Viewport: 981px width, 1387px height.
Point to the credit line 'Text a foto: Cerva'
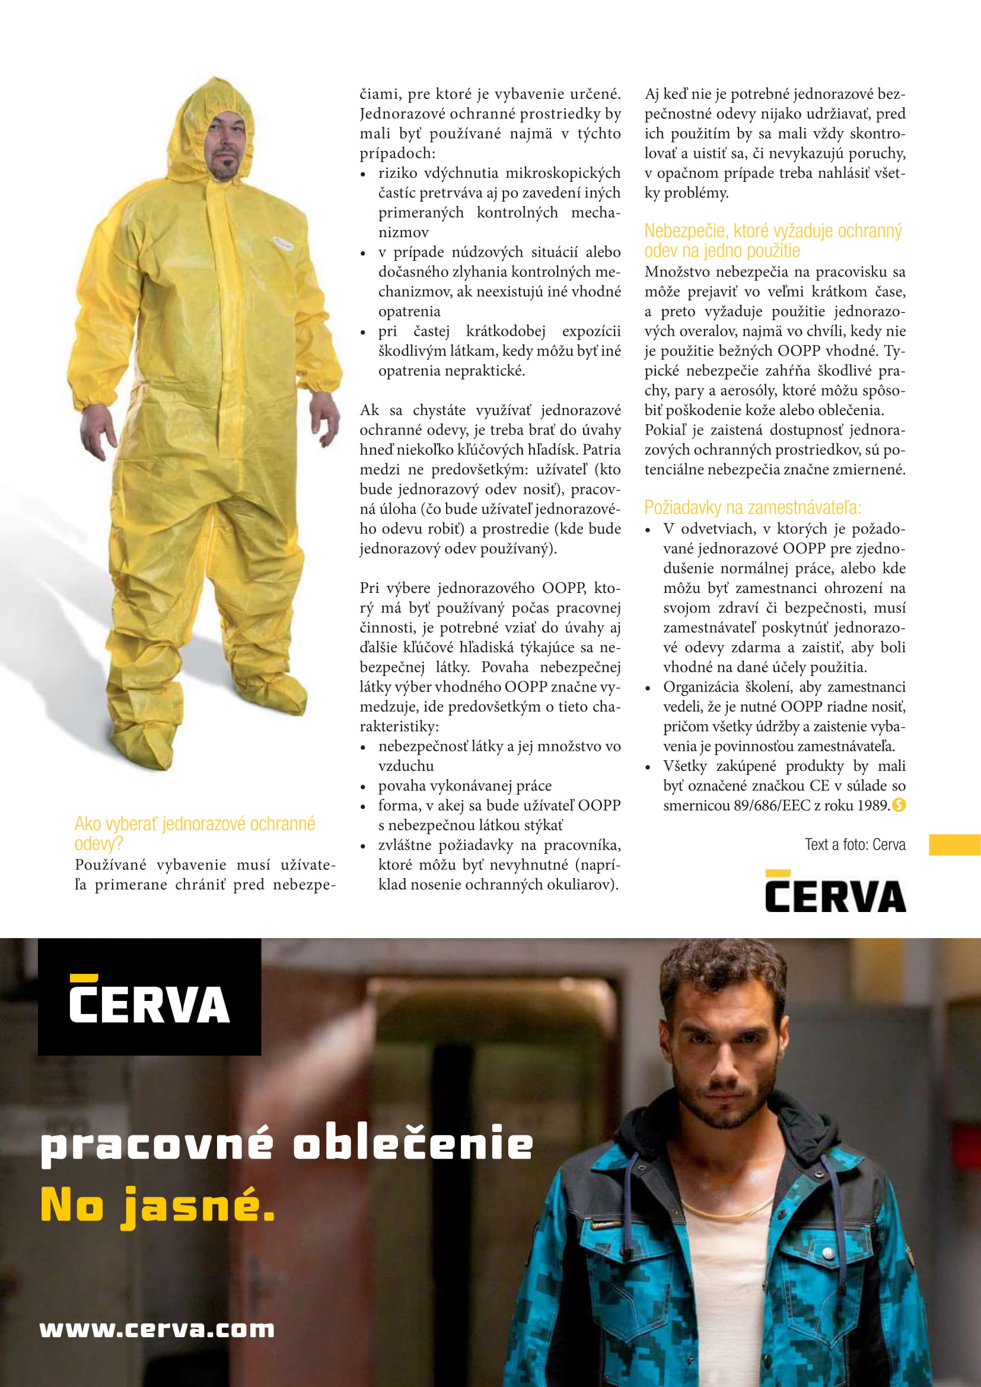coord(854,844)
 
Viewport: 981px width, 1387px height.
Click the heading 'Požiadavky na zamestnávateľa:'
coord(753,508)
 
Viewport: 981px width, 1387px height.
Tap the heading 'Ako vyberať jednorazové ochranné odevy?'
coord(195,833)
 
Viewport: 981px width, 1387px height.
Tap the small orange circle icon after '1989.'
coord(899,805)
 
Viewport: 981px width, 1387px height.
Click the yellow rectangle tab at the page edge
coord(954,844)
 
